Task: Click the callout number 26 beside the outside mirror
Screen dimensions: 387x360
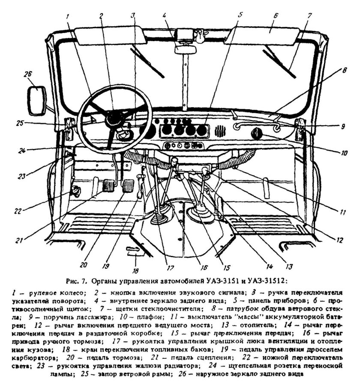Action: pos(28,74)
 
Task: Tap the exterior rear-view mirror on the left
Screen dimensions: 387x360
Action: pos(36,100)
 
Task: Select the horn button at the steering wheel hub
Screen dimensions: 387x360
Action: pos(114,117)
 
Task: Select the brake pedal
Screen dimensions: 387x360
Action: pos(129,187)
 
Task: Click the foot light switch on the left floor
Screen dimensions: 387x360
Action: pos(76,190)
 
